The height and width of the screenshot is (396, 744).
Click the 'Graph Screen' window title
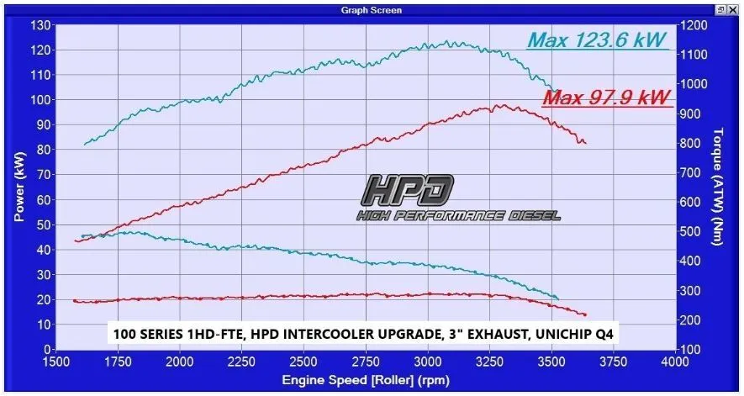371,9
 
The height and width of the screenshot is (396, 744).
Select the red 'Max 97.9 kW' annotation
607,98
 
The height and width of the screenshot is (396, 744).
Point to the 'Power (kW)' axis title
19,187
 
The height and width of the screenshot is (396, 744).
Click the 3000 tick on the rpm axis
427,361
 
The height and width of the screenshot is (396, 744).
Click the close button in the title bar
734,9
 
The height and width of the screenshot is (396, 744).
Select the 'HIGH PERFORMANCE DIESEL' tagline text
457,216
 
